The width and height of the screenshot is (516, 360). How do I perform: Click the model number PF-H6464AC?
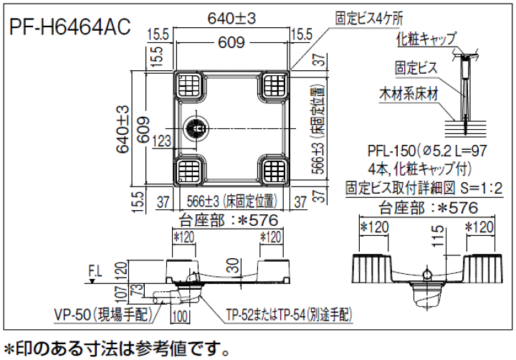click(70, 27)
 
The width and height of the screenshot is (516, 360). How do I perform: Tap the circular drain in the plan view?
click(197, 128)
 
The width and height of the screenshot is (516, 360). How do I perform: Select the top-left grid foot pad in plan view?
click(189, 85)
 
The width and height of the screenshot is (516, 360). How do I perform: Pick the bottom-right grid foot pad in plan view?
click(275, 170)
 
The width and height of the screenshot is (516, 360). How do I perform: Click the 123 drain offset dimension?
click(162, 141)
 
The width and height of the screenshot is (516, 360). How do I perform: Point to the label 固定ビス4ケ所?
click(369, 19)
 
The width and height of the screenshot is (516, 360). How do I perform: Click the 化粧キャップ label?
click(427, 39)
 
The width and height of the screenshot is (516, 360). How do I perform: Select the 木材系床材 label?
click(408, 95)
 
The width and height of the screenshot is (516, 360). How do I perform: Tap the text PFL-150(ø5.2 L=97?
click(427, 151)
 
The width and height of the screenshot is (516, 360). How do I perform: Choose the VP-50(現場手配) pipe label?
click(103, 316)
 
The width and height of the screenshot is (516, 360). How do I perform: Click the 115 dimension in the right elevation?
click(438, 236)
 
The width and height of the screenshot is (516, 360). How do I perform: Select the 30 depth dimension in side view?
click(233, 265)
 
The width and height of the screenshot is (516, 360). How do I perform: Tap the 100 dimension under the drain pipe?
click(180, 317)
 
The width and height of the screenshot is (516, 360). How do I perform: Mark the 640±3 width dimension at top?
click(231, 19)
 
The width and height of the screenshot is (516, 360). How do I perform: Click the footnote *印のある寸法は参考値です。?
click(117, 349)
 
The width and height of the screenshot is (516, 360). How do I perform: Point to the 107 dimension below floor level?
click(121, 294)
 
